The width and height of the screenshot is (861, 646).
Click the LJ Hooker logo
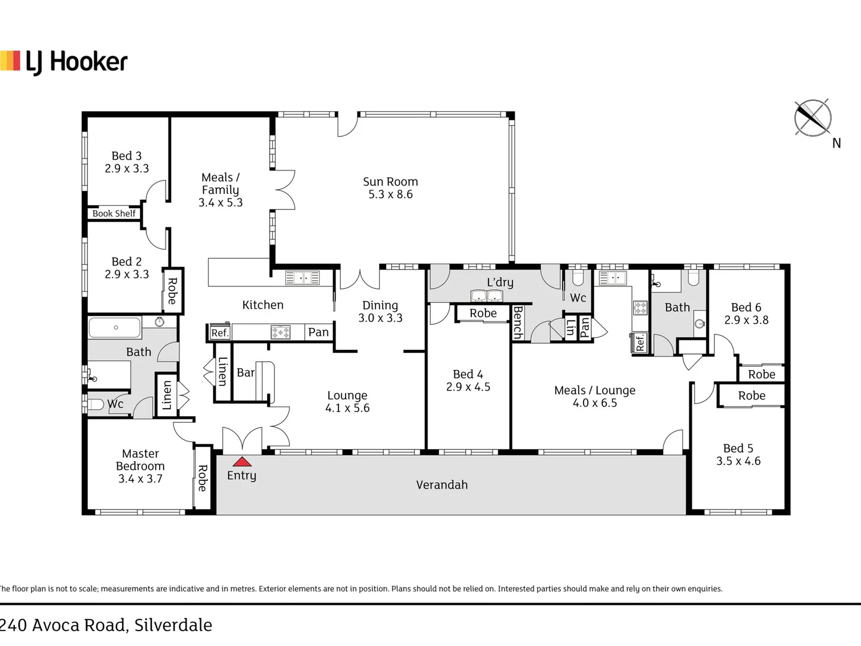pos(64,62)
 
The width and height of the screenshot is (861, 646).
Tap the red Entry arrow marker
pos(242,461)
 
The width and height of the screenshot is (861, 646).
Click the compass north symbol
pos(813,118)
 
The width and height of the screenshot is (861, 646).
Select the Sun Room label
pos(390,182)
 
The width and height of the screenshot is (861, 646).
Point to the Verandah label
pos(442,485)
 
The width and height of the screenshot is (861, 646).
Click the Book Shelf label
pos(114,214)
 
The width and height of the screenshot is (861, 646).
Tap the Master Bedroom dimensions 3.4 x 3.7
pos(141,479)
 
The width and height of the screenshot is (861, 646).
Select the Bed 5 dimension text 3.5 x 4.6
pos(738,461)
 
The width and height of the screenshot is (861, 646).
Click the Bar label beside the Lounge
pos(245,373)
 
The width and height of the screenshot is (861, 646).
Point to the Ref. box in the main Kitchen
pos(219,333)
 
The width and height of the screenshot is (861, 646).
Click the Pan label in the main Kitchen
pos(318,332)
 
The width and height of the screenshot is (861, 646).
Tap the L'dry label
pos(500,282)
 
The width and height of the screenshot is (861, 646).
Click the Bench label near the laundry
pos(518,322)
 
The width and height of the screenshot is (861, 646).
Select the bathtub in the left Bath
pos(115,328)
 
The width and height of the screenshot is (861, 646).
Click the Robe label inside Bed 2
pos(172,291)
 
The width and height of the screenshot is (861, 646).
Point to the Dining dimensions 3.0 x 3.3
pos(380,318)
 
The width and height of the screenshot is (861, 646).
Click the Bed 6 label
pos(746,307)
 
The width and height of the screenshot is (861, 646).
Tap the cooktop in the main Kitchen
pos(280,332)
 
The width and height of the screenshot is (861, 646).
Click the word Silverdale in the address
pos(173,625)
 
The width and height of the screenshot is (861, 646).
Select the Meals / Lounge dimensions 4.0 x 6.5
pos(595,403)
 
